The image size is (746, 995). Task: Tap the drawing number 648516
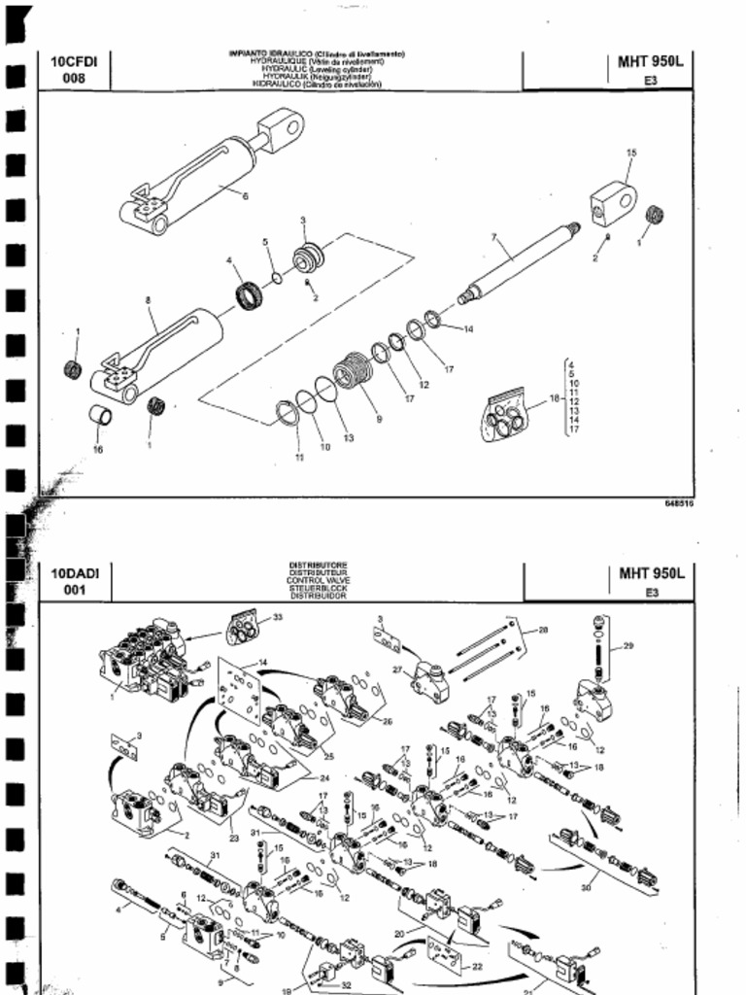(x=679, y=504)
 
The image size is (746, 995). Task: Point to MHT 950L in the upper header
(x=651, y=62)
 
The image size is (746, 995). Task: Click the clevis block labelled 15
(x=613, y=201)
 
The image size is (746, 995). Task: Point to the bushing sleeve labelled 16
(x=101, y=417)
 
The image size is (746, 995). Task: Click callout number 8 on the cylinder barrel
(x=149, y=301)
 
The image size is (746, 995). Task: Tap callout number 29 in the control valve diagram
(x=627, y=646)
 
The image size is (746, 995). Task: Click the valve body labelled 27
(x=428, y=680)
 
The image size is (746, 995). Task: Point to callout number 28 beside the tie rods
(x=542, y=630)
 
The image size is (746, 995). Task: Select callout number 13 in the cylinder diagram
(x=348, y=438)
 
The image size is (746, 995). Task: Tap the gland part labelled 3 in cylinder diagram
(x=308, y=259)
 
